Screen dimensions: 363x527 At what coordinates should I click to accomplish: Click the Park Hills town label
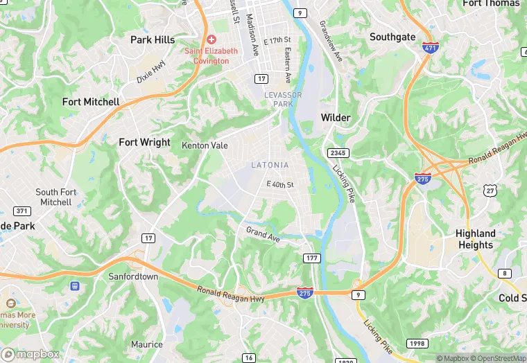[153, 40]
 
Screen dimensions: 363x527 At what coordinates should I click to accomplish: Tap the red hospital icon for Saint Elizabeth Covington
[211, 39]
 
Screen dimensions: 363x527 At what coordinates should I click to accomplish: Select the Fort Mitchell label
[91, 102]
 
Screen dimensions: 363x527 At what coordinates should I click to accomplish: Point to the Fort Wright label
[144, 142]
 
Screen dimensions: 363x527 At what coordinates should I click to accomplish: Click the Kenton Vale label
[205, 145]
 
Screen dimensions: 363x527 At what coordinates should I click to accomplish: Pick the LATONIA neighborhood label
[270, 165]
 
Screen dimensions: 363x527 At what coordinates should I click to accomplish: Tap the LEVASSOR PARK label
[278, 99]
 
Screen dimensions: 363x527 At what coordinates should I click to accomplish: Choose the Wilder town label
[336, 118]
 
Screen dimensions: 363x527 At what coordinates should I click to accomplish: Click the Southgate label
[392, 37]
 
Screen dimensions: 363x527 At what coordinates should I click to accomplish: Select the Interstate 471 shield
[429, 48]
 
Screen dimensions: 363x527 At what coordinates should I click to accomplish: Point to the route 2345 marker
[338, 152]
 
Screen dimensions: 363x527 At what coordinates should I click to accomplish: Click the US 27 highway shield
[490, 190]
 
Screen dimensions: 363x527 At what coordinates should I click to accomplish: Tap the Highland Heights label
[476, 239]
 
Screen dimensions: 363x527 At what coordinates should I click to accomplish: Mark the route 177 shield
[311, 258]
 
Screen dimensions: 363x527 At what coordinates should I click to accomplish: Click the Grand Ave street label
[263, 233]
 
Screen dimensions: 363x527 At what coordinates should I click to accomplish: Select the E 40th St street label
[280, 184]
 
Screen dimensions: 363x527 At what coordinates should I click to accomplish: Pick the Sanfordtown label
[133, 276]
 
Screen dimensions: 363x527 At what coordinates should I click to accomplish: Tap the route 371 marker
[22, 211]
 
